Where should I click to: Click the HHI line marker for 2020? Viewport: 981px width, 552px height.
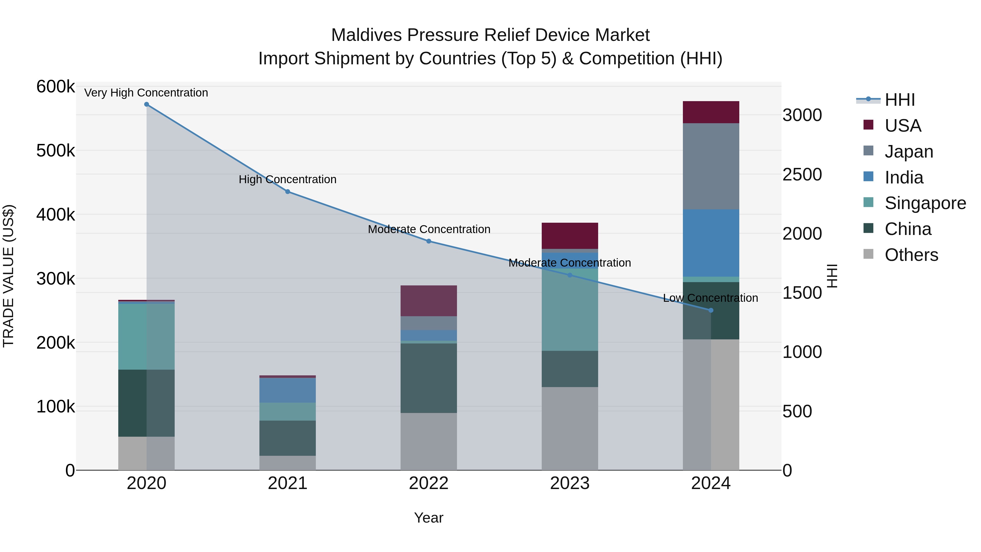click(147, 104)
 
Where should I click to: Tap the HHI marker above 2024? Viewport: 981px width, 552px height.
click(711, 310)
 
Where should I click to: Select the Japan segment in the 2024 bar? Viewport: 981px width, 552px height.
click(711, 167)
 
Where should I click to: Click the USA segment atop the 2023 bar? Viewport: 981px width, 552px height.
click(570, 236)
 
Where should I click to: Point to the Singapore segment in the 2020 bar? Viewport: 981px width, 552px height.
click(147, 336)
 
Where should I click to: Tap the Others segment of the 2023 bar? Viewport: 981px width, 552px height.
click(570, 429)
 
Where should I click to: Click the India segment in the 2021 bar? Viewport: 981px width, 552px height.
click(287, 390)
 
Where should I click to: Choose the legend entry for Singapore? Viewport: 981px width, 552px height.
click(925, 203)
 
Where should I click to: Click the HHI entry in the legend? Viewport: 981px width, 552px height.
click(900, 100)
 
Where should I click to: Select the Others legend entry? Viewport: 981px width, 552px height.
click(911, 255)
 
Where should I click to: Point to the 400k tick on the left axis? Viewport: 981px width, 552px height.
click(56, 215)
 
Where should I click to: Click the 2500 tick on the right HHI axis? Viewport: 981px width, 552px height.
click(802, 174)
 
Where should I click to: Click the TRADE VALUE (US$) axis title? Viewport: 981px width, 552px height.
click(8, 276)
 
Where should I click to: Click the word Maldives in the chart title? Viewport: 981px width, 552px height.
click(366, 35)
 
